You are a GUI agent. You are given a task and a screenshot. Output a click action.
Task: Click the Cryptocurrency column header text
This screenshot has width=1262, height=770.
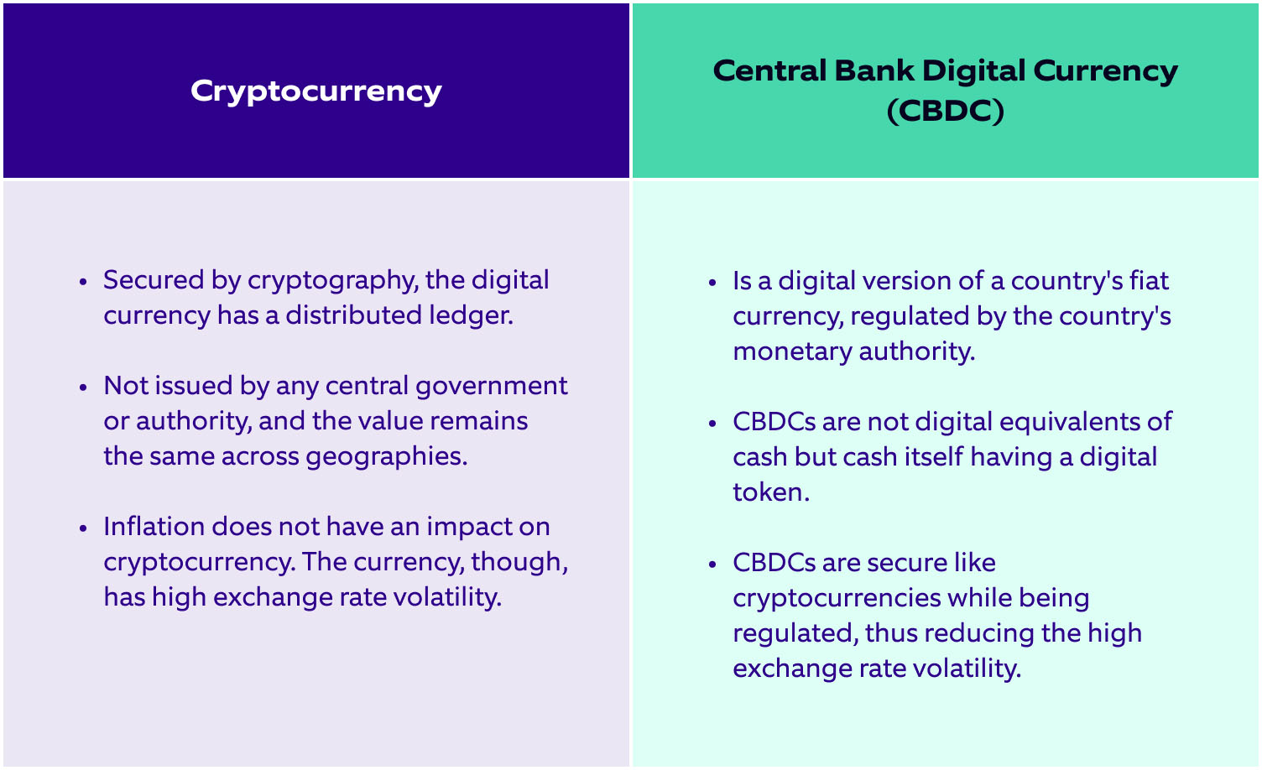click(x=315, y=91)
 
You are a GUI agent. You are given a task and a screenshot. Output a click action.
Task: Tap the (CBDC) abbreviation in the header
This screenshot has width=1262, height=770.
click(x=945, y=111)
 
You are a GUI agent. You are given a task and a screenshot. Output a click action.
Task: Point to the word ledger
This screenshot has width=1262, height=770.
click(x=476, y=315)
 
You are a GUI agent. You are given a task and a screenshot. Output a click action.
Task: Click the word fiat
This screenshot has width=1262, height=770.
click(x=1149, y=280)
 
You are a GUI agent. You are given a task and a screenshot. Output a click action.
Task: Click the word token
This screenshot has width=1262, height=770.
click(x=770, y=492)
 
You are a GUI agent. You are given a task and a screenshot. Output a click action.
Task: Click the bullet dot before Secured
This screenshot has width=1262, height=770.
click(x=82, y=282)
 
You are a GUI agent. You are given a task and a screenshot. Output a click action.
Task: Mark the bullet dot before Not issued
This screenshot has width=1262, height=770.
click(x=82, y=388)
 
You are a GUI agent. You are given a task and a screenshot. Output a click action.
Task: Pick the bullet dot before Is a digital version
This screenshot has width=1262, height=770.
click(x=712, y=282)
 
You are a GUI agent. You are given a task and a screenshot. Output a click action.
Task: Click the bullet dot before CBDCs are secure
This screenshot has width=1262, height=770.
click(x=712, y=564)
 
